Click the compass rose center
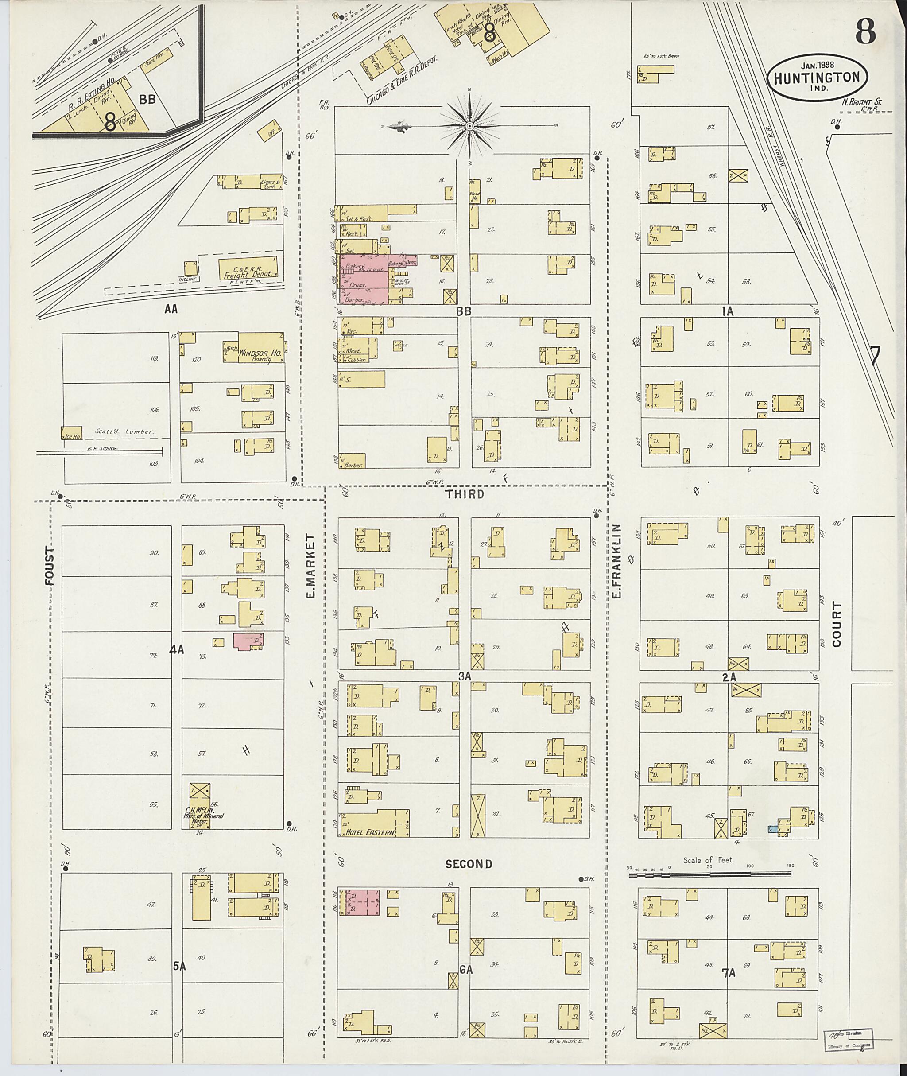pyautogui.click(x=469, y=125)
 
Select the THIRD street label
pyautogui.click(x=465, y=494)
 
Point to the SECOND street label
pyautogui.click(x=469, y=864)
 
